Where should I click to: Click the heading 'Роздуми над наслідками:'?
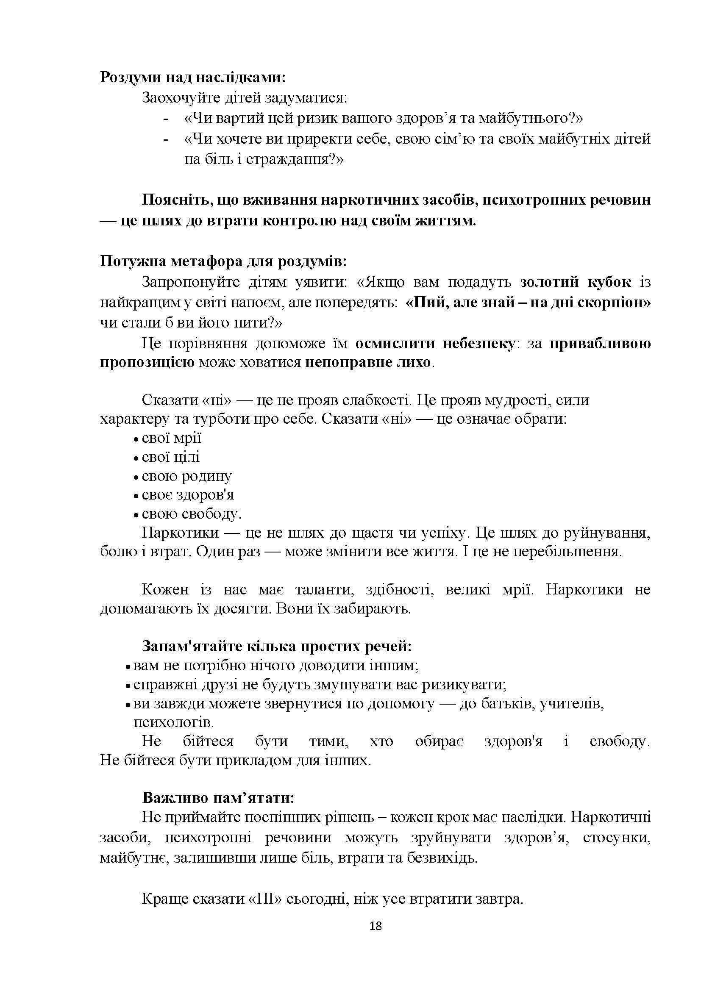(192, 77)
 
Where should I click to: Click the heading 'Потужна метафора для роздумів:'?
(224, 261)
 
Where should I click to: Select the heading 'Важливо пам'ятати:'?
(218, 797)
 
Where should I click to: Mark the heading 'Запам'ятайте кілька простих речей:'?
(277, 646)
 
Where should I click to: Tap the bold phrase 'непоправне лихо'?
(368, 362)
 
